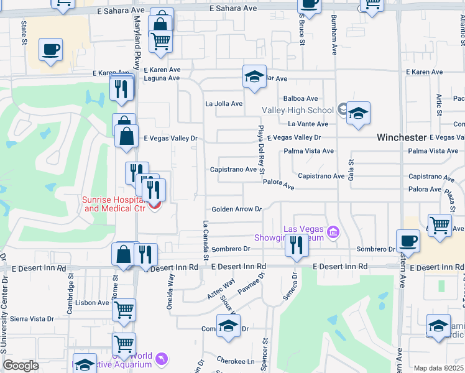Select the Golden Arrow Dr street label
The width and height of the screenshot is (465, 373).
[x=236, y=210]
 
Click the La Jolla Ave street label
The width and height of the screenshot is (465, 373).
[x=224, y=104]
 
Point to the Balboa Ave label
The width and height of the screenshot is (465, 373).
[x=300, y=98]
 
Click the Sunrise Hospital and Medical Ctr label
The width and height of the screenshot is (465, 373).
[x=114, y=204]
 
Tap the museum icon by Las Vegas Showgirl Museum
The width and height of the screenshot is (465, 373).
[x=334, y=233]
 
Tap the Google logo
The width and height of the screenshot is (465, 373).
[x=21, y=366]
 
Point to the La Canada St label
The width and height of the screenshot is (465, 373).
[x=205, y=240]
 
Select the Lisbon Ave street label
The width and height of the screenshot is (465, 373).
[x=93, y=303]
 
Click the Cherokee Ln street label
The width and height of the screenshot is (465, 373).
[x=236, y=361]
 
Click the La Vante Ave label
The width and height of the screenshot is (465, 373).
[x=309, y=124]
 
